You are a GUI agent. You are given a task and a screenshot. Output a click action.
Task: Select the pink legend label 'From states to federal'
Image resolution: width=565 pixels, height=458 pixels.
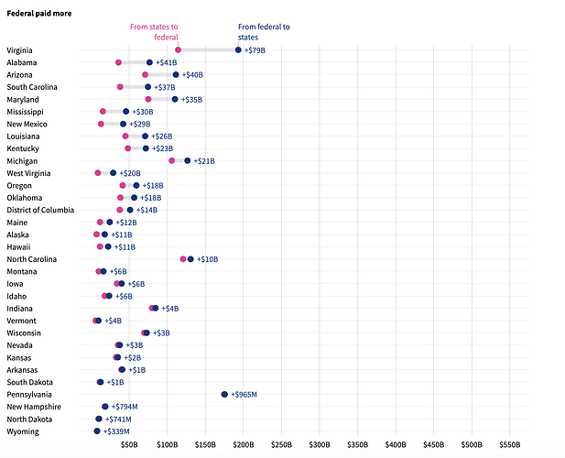pos(154,32)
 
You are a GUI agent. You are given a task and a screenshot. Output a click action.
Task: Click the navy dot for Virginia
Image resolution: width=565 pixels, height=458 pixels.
pos(238,49)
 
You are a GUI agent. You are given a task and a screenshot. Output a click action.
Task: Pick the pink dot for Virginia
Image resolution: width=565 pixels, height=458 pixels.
pos(178,49)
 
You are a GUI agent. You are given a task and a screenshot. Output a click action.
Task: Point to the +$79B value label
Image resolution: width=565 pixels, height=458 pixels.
pos(255,49)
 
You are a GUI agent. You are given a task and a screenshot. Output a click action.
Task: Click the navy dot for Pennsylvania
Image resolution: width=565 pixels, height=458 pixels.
pos(224,394)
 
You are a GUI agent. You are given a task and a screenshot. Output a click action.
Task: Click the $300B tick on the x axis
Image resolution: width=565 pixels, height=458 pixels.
pos(319,445)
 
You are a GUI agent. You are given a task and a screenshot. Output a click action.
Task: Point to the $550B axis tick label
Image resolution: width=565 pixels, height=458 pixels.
pos(509,445)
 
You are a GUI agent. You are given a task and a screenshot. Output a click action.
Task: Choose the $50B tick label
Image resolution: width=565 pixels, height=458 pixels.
pos(129,445)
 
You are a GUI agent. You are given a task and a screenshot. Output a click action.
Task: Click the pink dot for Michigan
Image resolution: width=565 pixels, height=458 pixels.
pos(171,160)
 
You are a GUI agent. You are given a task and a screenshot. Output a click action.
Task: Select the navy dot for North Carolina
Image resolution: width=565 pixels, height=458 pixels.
pos(190,259)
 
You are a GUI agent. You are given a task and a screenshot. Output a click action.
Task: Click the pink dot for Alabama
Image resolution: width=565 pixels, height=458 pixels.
pos(118,62)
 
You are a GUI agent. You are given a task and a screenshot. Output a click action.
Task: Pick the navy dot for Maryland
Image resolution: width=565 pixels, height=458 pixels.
pos(175,99)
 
